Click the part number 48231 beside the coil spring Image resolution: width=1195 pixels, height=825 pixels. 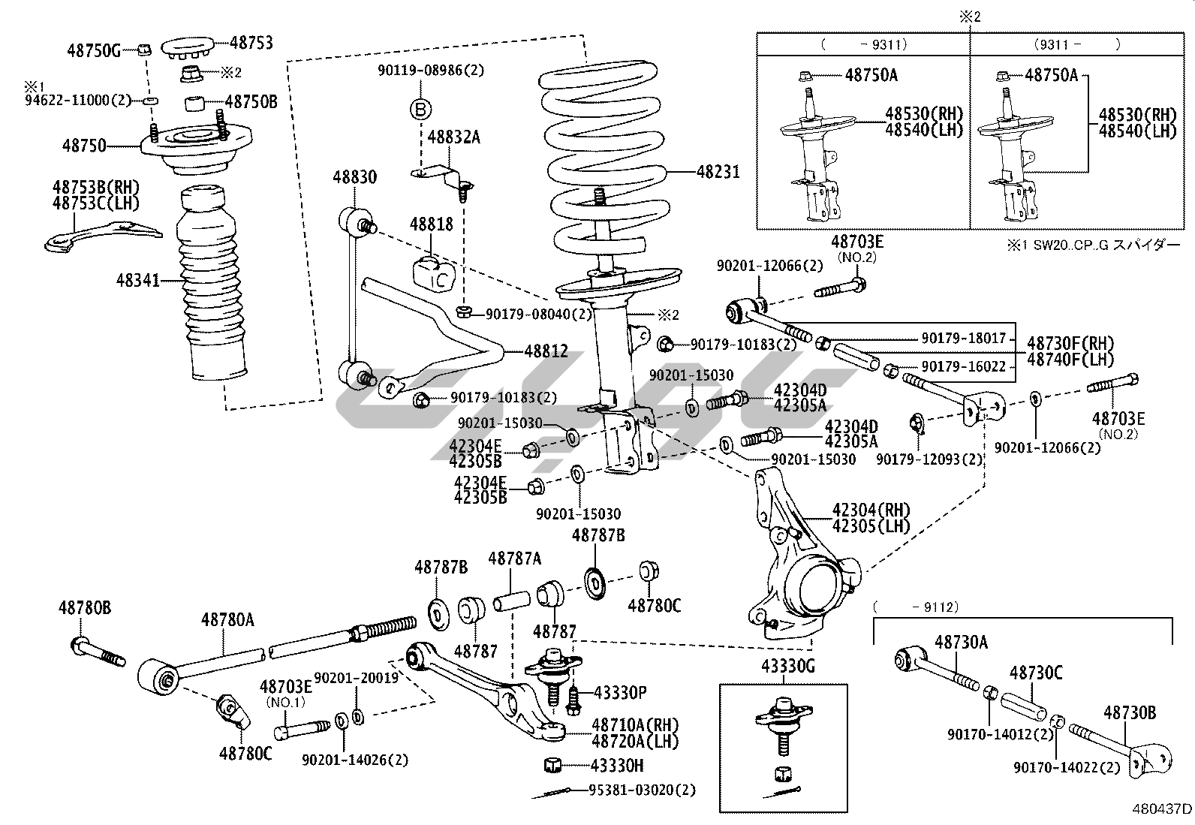coord(718,173)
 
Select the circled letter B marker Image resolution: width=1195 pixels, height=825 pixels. coord(421,110)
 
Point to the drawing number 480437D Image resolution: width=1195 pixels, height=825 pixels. coord(1162,808)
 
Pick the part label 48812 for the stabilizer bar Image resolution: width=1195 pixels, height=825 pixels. coord(546,351)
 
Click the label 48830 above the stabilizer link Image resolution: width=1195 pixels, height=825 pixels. coord(355,178)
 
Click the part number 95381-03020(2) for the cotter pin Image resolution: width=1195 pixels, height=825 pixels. coord(641,790)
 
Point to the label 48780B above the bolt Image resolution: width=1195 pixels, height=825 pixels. coord(85,607)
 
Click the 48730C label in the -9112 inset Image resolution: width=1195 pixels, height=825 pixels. coord(1035,673)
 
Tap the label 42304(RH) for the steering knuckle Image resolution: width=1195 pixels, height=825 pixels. coord(871,510)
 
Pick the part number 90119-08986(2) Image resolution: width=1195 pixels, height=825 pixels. coord(430,71)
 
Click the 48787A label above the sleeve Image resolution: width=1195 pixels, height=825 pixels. coord(514,558)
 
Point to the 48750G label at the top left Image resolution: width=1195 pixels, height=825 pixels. coord(93,50)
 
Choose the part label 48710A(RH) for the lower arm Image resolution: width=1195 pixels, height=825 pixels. coord(635,724)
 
